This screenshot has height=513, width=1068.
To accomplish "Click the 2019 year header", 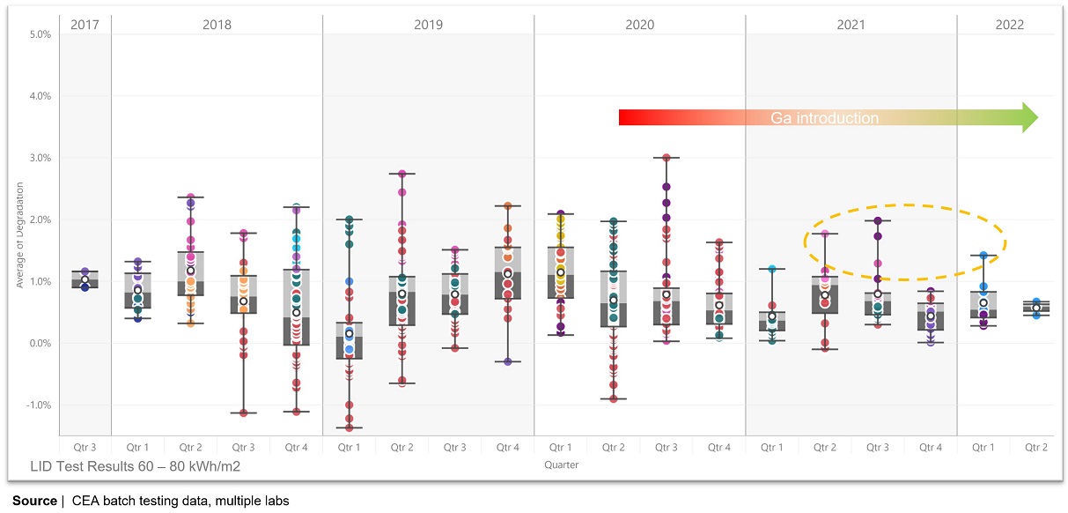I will point(428,25).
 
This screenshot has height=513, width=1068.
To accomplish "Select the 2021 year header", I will point(851,25).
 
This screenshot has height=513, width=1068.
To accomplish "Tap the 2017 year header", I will point(85,25).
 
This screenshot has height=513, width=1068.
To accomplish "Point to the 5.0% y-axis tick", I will point(41,34).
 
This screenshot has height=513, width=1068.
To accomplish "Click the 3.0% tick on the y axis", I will point(41,158).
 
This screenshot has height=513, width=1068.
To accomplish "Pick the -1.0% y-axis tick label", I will point(40,405).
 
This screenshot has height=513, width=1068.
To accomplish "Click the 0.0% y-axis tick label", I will point(41,344).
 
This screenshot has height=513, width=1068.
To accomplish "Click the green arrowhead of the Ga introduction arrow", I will point(1028,117).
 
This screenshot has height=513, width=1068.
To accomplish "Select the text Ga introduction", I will point(824,118).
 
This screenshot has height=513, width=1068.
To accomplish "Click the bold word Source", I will point(34,501).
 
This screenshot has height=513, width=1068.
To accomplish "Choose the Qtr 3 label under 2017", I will point(85,448).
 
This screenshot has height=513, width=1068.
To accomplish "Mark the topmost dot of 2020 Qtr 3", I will point(667,158).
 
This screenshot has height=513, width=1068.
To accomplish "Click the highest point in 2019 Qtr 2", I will point(402,174).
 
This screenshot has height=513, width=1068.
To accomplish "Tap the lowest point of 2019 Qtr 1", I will point(349,427).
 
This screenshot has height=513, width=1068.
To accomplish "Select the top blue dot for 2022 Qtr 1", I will point(983,256).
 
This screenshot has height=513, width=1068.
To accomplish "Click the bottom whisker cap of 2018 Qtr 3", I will point(244,413).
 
